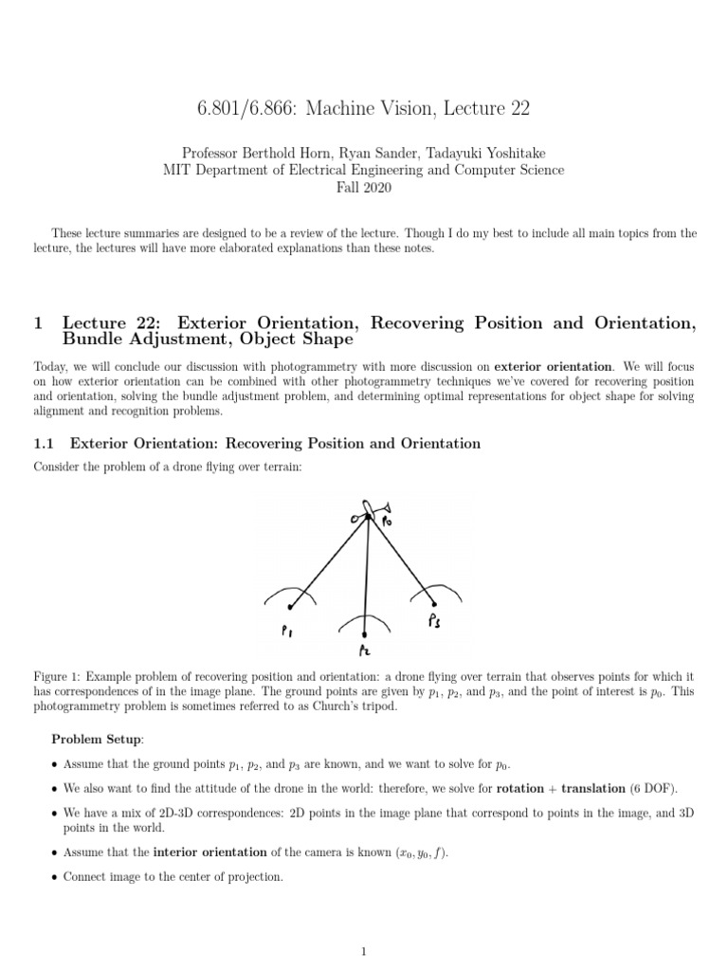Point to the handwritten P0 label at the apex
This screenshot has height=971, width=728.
(x=387, y=522)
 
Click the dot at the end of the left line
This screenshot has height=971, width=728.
(x=290, y=608)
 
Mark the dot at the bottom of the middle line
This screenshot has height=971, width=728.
(x=365, y=633)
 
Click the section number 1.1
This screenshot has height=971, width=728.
(x=46, y=444)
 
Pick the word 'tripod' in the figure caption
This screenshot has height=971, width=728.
(x=399, y=706)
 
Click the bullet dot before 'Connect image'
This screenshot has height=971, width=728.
(x=52, y=877)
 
